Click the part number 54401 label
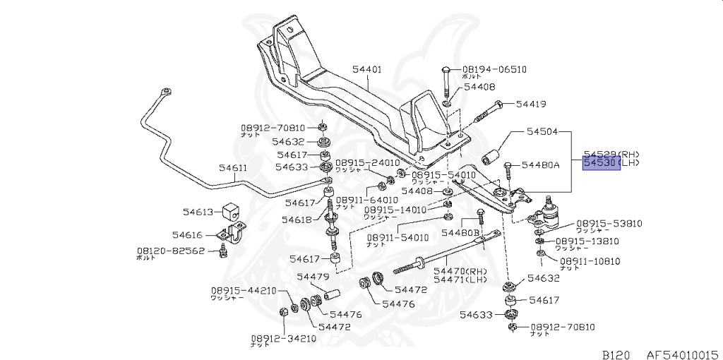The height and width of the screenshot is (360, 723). click(x=367, y=69)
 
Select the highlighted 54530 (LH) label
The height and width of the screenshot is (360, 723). click(x=602, y=164)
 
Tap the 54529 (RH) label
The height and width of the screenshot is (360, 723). click(x=611, y=153)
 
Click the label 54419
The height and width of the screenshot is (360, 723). click(x=531, y=104)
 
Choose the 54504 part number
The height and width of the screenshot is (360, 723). click(x=542, y=131)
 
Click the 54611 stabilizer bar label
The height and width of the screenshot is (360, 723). click(x=232, y=168)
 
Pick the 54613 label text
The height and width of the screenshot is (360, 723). click(x=198, y=211)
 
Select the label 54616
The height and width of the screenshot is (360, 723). click(x=187, y=235)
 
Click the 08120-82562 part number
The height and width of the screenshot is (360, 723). click(x=170, y=251)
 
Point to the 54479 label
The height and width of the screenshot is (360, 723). click(x=313, y=277)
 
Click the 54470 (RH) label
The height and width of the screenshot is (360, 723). click(x=460, y=270)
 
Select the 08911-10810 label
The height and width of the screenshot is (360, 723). click(x=590, y=261)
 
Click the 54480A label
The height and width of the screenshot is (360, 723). click(x=540, y=165)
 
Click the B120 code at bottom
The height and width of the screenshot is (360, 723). click(x=615, y=354)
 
